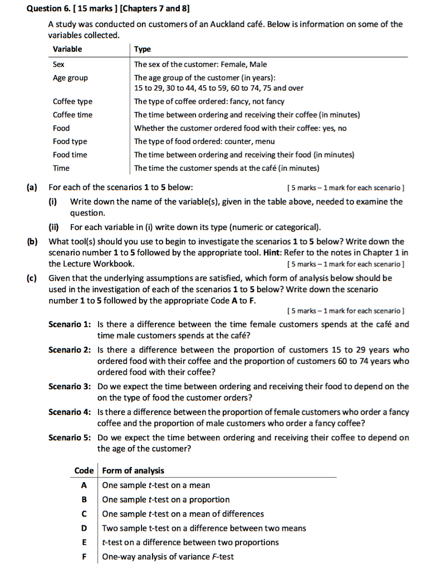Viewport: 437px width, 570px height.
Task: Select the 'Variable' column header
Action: coord(67,49)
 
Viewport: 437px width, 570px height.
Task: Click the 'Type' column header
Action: coord(143,49)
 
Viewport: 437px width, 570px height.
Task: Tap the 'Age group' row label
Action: coord(70,78)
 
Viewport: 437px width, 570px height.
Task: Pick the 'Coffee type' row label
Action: coord(72,101)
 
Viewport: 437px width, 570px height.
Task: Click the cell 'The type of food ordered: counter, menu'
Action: coord(204,141)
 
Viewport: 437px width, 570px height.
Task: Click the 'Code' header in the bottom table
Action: coord(84,470)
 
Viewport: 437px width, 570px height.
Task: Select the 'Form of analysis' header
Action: coord(133,470)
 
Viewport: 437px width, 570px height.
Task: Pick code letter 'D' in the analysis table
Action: coord(85,528)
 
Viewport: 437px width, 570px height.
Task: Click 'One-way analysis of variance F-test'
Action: coord(168,557)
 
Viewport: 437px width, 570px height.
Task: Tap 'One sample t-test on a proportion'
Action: coord(166,499)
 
